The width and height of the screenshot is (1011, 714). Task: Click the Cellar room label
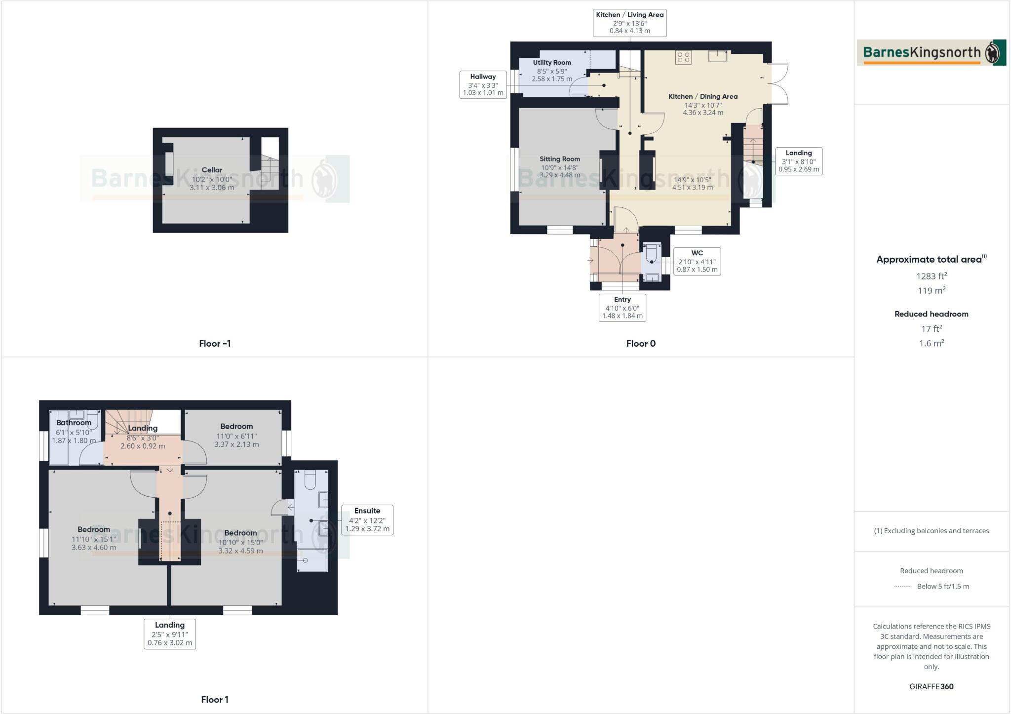pyautogui.click(x=212, y=170)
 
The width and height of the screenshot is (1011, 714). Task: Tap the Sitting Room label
pyautogui.click(x=559, y=159)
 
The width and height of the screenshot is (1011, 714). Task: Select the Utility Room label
pyautogui.click(x=552, y=63)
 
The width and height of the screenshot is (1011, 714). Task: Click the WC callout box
pyautogui.click(x=697, y=261)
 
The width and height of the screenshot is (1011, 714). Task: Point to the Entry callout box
pyautogui.click(x=622, y=308)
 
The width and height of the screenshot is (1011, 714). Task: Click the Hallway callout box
pyautogui.click(x=483, y=84)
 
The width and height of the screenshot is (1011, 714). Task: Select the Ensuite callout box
pyautogui.click(x=367, y=519)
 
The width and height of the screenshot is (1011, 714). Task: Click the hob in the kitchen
pyautogui.click(x=684, y=58)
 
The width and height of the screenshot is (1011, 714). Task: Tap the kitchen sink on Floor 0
pyautogui.click(x=717, y=56)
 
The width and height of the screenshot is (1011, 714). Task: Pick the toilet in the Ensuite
pyautogui.click(x=310, y=479)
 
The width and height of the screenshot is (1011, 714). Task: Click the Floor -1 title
pyautogui.click(x=215, y=344)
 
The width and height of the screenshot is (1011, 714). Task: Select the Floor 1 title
pyautogui.click(x=215, y=700)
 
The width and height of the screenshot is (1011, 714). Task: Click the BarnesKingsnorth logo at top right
pyautogui.click(x=931, y=53)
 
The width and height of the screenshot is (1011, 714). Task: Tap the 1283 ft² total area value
pyautogui.click(x=931, y=277)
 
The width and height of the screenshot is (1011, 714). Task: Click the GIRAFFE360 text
pyautogui.click(x=931, y=686)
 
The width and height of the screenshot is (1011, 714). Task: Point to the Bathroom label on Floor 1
pyautogui.click(x=74, y=423)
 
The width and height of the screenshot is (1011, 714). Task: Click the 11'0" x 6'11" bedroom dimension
pyautogui.click(x=236, y=436)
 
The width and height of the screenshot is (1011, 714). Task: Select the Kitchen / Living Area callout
pyautogui.click(x=629, y=23)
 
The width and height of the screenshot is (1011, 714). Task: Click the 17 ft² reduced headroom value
pyautogui.click(x=931, y=329)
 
